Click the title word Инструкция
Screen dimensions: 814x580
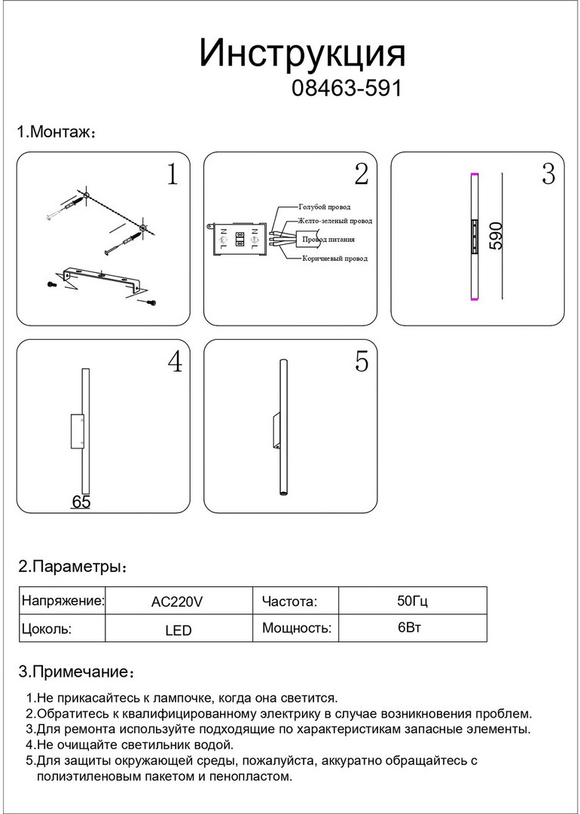tap(302, 54)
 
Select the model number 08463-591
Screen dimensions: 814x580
tap(346, 89)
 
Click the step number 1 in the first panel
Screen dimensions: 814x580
tap(172, 175)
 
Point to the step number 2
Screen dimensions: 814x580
tap(361, 175)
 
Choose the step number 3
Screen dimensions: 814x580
tap(548, 175)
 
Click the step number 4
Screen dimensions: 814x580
tap(174, 363)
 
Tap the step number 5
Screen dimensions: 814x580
tap(362, 363)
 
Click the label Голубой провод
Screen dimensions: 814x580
tap(324, 207)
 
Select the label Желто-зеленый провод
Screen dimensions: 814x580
tap(334, 222)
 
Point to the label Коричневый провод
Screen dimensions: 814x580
tap(334, 259)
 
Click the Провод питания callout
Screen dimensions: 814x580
tap(328, 240)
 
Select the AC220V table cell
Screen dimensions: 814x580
tap(178, 601)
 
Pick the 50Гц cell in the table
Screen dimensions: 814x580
tap(412, 601)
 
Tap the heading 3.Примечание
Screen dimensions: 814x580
tap(76, 672)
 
